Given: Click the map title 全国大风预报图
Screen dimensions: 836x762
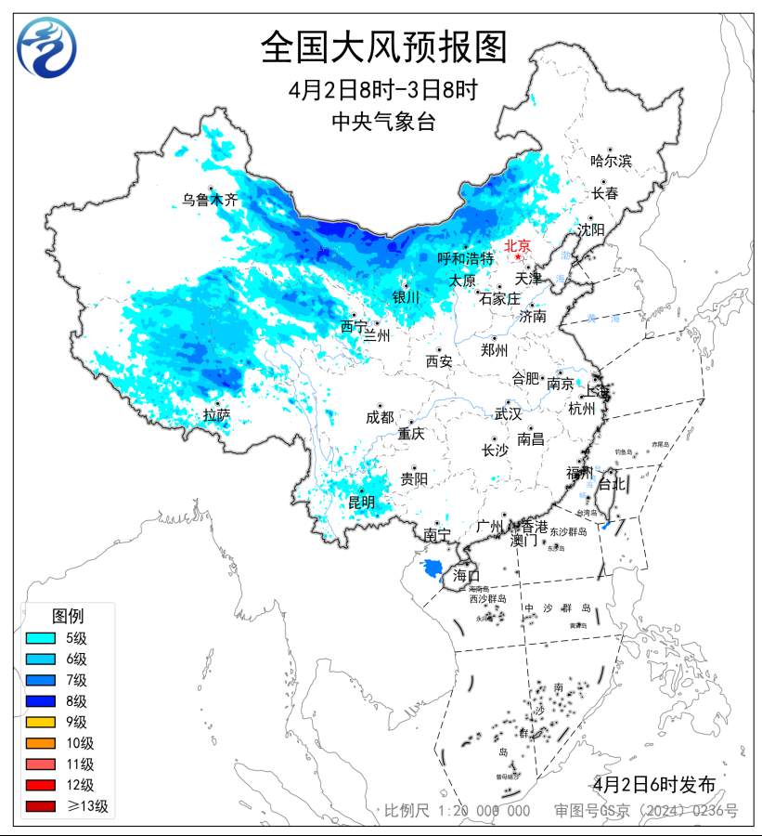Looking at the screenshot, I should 383,47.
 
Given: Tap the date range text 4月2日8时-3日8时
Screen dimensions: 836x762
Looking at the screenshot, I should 383,91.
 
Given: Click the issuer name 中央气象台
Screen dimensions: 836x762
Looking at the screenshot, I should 383,121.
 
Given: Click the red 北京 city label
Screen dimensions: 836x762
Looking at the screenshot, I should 517,246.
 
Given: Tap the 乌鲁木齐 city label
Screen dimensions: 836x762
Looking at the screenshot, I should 210,200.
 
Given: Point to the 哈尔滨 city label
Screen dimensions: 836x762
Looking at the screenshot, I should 611,161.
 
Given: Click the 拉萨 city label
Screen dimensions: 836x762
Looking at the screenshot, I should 216,415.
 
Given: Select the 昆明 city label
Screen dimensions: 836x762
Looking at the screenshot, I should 362,503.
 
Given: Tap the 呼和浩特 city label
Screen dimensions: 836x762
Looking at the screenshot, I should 466,258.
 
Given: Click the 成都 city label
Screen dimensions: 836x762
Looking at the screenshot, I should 380,418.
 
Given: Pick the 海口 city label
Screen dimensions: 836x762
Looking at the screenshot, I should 466,576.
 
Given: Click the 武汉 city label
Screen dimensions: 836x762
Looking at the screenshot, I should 508,413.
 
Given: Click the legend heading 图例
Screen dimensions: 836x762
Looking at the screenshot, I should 68,616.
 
